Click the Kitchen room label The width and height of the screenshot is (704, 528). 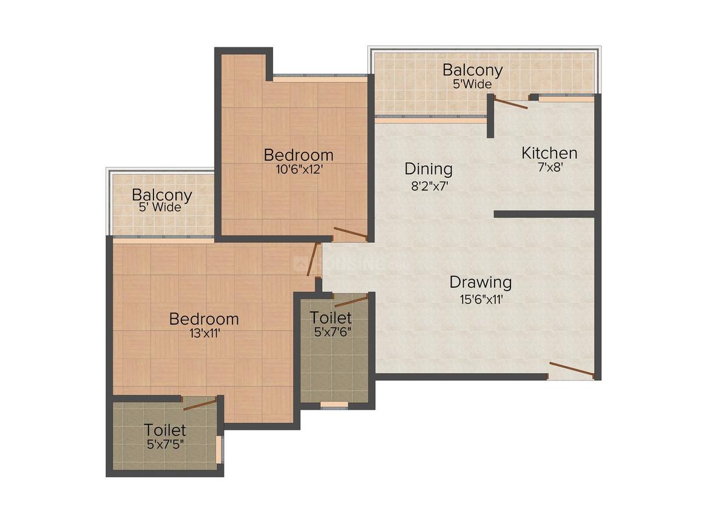[x=549, y=153]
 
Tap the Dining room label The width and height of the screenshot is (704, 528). [x=428, y=169]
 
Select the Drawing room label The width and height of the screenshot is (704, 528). [x=480, y=282]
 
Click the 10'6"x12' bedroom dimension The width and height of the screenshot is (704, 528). [x=298, y=170]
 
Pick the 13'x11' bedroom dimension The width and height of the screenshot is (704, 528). [x=203, y=333]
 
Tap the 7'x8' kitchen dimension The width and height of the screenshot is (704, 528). [x=549, y=168]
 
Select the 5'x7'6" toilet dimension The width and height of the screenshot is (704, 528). [x=331, y=332]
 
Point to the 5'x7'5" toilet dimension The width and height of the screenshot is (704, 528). [x=165, y=444]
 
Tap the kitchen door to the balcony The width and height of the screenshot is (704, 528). [x=510, y=103]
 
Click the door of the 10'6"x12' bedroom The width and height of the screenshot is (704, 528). [x=350, y=233]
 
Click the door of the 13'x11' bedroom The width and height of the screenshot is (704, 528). [x=313, y=260]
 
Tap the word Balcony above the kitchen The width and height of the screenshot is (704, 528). [x=472, y=69]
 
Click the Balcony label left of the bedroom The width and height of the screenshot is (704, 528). [x=162, y=195]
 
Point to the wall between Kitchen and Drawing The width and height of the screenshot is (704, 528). [x=544, y=214]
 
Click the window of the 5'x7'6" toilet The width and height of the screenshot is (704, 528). [x=334, y=404]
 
